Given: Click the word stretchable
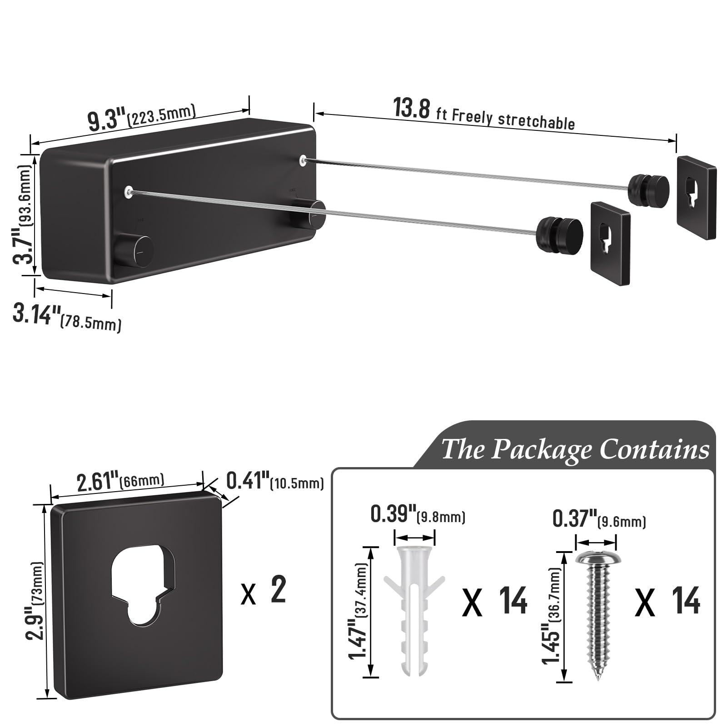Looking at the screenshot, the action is point(537,120).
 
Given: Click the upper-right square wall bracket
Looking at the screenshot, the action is point(696,197).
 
